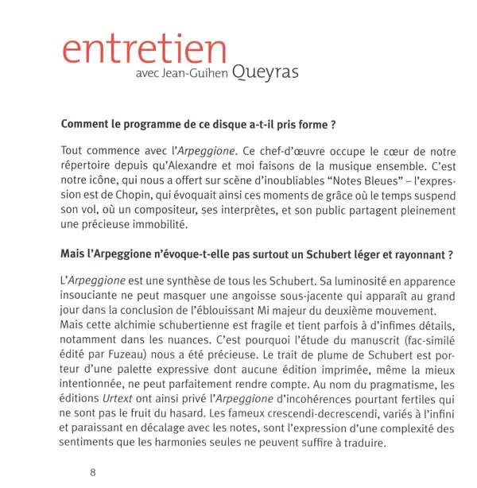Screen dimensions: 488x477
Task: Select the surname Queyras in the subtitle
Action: [x=266, y=74]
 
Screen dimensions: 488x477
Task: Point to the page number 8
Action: [x=93, y=471]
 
